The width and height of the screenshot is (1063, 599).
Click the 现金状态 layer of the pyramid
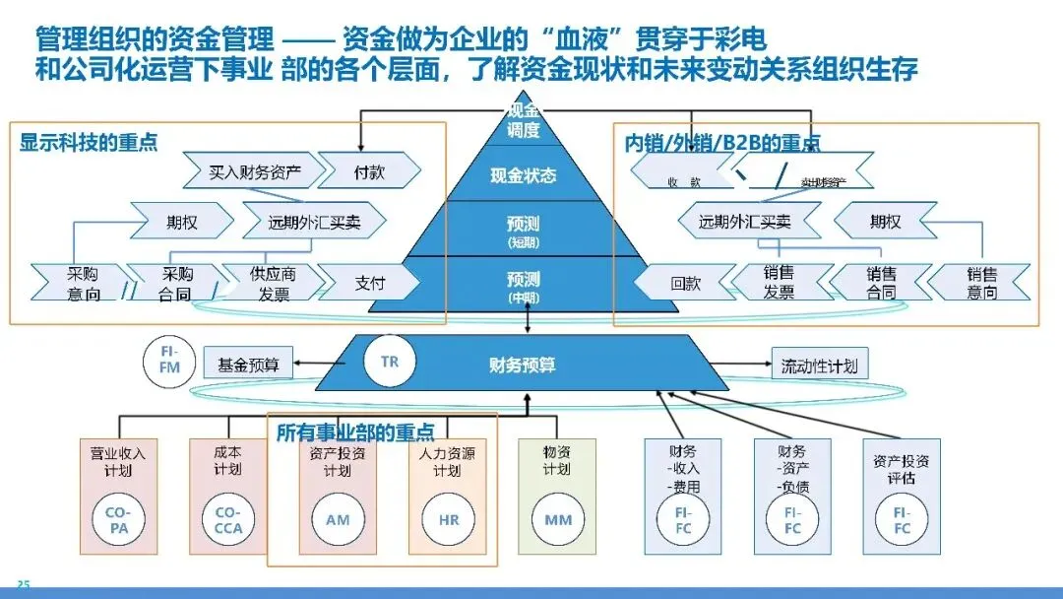pyautogui.click(x=523, y=176)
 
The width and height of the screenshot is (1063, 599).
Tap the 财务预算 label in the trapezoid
pyautogui.click(x=523, y=365)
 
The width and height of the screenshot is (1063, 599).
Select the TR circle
pyautogui.click(x=389, y=362)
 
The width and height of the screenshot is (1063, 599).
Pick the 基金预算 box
pyautogui.click(x=248, y=365)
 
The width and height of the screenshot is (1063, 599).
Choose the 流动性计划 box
pyautogui.click(x=819, y=366)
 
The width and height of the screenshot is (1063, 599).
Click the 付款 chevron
pyautogui.click(x=369, y=172)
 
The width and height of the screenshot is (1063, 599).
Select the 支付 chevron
pyautogui.click(x=369, y=284)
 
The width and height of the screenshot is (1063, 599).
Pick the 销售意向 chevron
pyautogui.click(x=980, y=284)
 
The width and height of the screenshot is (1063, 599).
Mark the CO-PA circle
pyautogui.click(x=118, y=520)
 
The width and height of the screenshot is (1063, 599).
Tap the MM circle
pyautogui.click(x=557, y=520)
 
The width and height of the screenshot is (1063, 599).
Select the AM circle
pyautogui.click(x=338, y=520)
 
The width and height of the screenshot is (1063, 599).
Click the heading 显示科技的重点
pyautogui.click(x=89, y=142)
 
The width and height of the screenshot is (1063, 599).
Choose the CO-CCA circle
pyautogui.click(x=227, y=520)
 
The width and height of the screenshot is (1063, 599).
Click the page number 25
pyautogui.click(x=23, y=586)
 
